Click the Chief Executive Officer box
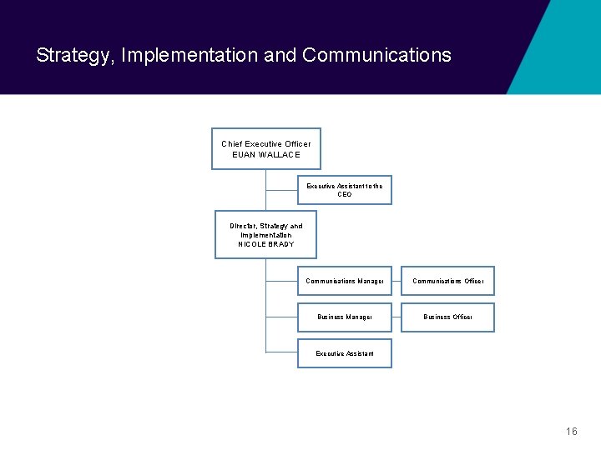tap(265, 149)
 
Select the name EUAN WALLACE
tap(265, 155)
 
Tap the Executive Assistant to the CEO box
tap(344, 190)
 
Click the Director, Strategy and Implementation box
tap(265, 234)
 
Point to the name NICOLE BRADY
tap(265, 244)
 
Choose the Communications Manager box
tap(344, 282)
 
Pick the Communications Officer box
tap(447, 282)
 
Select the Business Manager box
tap(344, 317)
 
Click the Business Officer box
tap(447, 317)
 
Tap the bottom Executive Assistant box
tap(344, 353)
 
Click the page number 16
tap(571, 431)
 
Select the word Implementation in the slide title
tap(189, 56)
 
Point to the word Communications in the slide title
tap(376, 56)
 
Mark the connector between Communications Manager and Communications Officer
tap(396, 282)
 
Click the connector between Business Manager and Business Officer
tap(396, 317)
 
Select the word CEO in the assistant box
tap(345, 195)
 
